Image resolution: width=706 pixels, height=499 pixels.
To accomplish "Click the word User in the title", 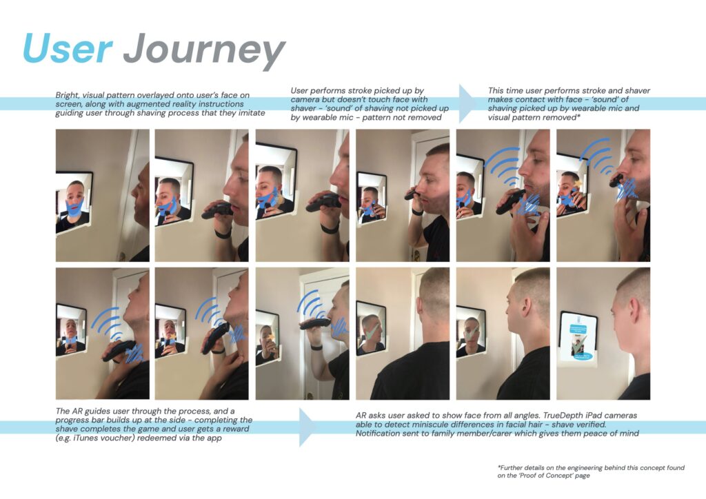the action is click(68, 48).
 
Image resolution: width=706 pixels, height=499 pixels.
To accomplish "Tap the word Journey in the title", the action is click(204, 51).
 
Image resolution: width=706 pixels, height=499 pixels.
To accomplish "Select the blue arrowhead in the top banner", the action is click(467, 103).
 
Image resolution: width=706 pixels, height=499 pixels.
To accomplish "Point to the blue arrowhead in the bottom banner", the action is click(308, 427).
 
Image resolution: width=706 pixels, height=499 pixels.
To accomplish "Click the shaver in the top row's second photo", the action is click(217, 211).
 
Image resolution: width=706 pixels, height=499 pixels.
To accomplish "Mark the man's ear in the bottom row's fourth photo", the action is click(421, 305).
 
